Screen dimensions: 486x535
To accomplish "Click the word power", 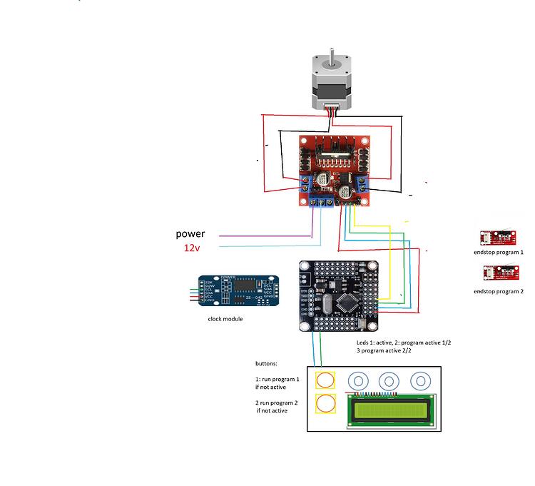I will point(190,234).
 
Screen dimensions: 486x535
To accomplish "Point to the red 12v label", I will point(192,248).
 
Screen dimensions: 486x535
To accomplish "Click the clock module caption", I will point(225,319).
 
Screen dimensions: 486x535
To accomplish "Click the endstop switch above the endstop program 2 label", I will point(499,273).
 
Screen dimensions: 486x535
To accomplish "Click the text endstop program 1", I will point(499,252).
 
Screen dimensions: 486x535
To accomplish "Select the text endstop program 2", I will point(499,291).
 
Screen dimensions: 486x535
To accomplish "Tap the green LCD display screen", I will point(389,410).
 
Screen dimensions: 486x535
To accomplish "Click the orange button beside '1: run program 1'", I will point(326,380).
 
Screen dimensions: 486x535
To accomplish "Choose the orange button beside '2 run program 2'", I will point(326,404).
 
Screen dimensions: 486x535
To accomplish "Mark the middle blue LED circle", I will point(389,380).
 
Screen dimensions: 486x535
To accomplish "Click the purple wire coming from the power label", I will point(264,236).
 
